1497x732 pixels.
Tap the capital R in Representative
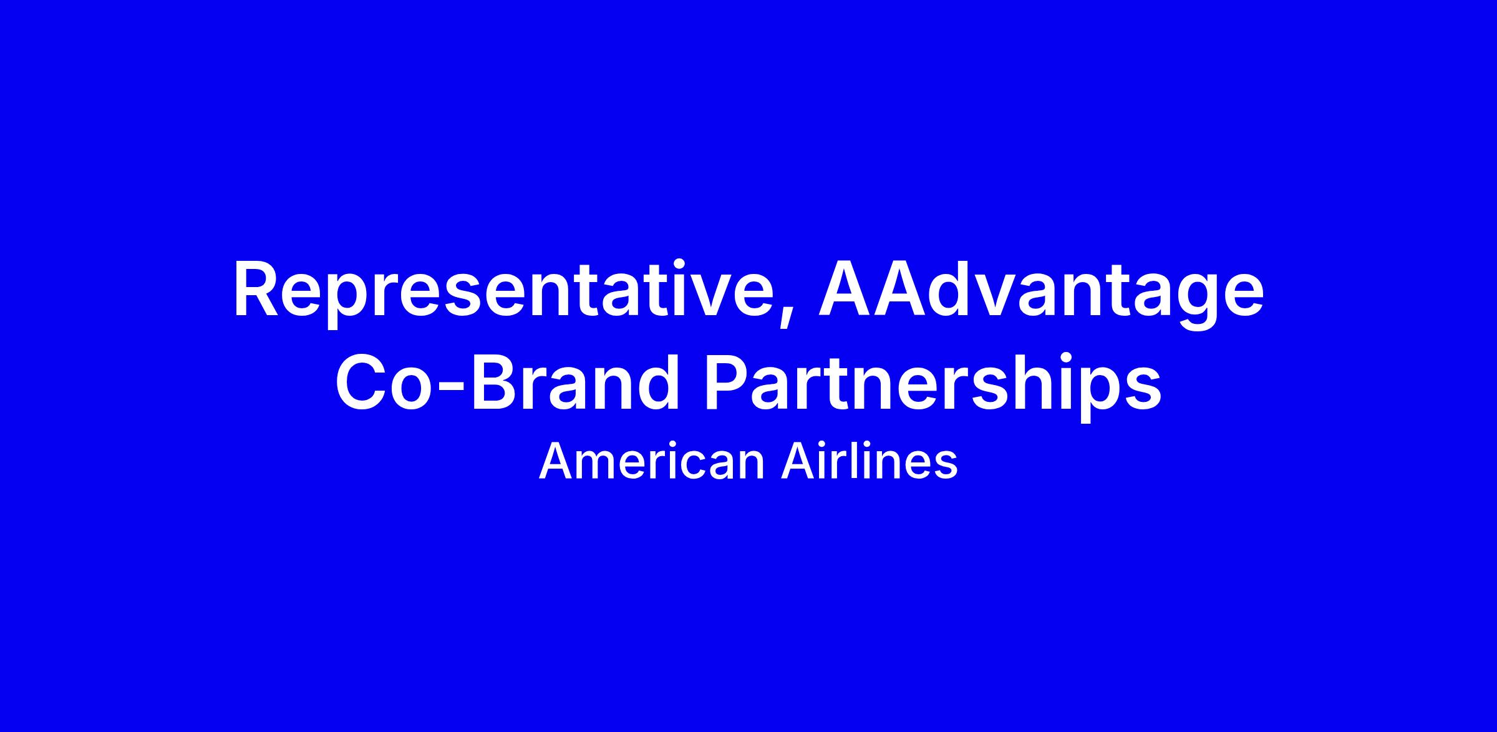pos(257,289)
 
